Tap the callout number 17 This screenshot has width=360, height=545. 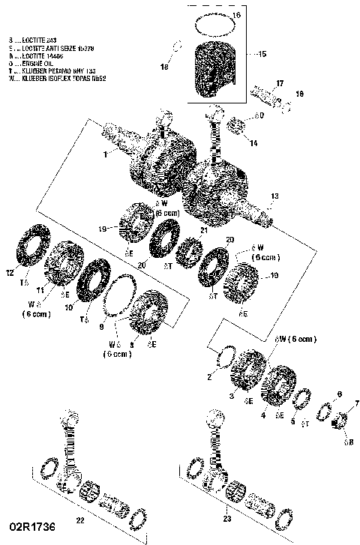[279, 82]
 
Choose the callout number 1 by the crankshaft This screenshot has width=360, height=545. [107, 153]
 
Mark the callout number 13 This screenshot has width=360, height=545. [274, 196]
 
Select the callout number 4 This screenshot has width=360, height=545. [262, 414]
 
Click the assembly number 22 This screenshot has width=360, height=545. [80, 519]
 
